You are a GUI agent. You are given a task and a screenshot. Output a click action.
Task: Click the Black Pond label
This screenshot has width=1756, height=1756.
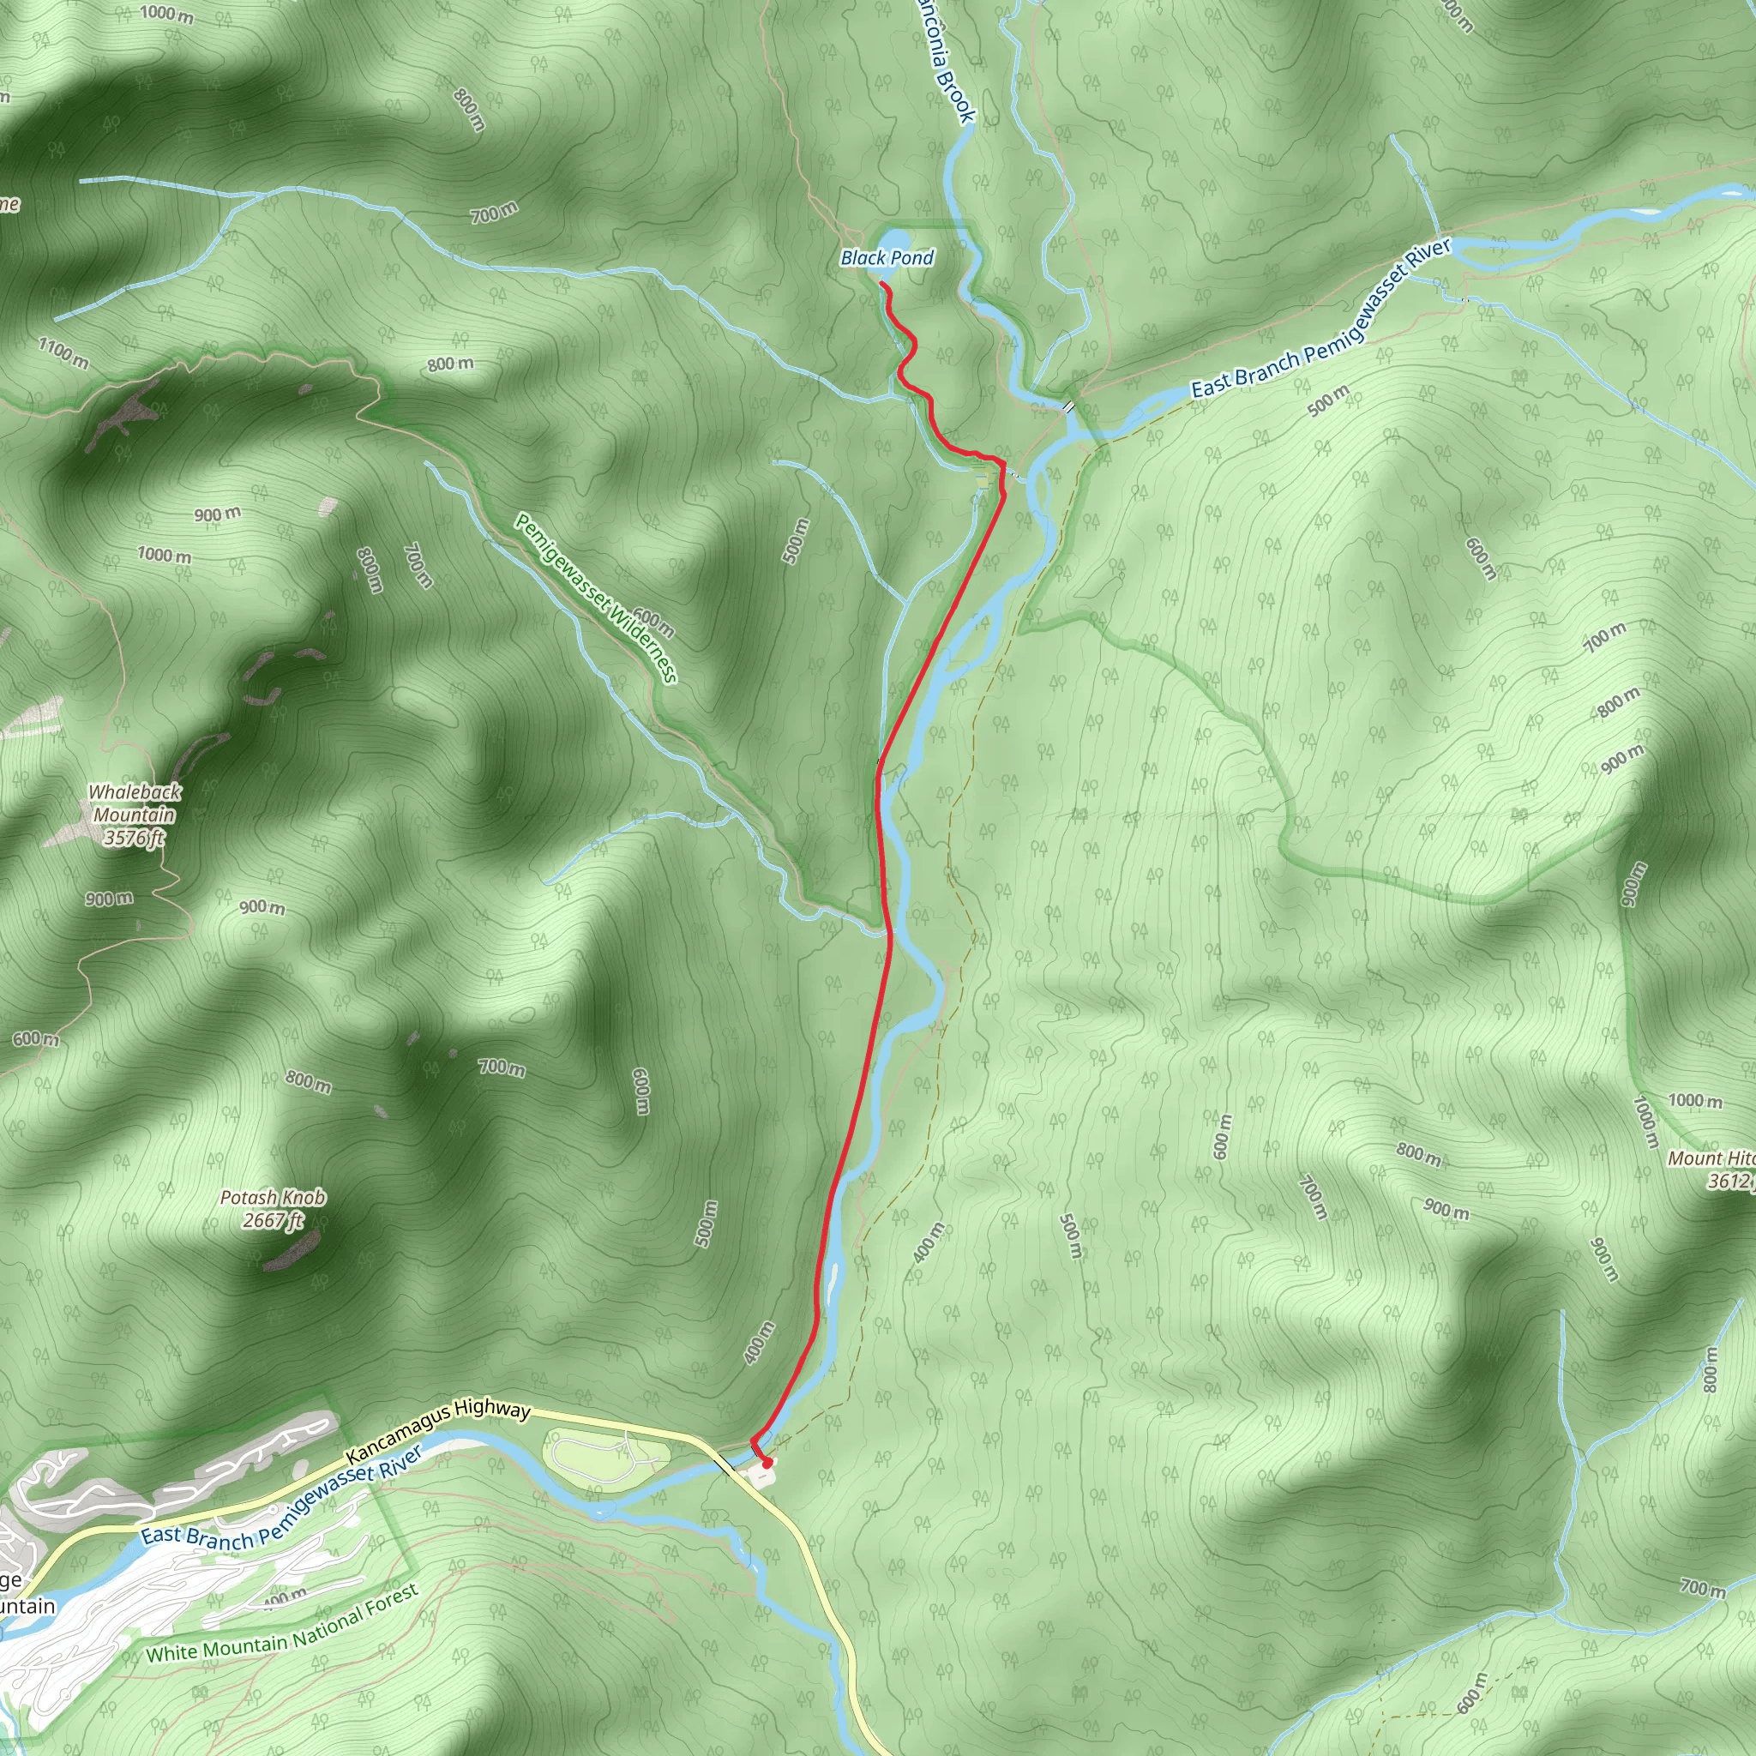point(887,258)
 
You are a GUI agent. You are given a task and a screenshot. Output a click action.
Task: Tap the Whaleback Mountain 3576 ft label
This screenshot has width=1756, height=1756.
point(135,815)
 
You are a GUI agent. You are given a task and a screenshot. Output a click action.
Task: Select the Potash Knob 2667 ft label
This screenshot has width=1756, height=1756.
point(272,1209)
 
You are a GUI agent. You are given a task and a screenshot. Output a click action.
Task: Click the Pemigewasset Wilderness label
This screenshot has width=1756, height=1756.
point(595,597)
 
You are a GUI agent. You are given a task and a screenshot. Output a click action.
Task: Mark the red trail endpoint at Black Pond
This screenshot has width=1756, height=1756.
point(881,285)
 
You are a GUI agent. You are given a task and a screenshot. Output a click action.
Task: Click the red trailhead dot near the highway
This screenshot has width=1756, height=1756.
point(767,1464)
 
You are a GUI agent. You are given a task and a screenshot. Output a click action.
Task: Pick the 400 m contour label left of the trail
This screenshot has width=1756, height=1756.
point(759,1343)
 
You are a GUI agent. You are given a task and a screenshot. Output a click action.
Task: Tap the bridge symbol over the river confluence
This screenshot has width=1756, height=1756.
point(1070,406)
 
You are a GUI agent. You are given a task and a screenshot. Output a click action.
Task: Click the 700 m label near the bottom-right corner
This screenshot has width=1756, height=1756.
point(1701,1587)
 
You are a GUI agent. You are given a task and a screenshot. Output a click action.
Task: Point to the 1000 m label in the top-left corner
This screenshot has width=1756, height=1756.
point(167,14)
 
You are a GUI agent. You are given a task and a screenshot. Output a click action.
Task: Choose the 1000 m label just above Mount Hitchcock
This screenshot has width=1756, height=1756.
point(1695,1101)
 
